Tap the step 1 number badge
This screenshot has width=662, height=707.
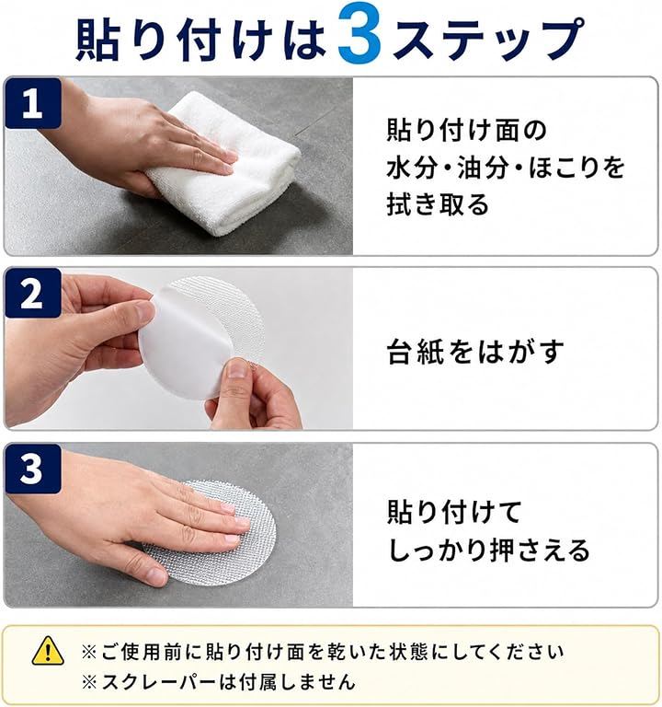(33, 103)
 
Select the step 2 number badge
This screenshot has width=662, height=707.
(33, 293)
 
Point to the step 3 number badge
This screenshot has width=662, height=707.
(33, 469)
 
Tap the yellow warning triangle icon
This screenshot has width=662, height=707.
(48, 650)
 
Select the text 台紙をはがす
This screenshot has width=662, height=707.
(475, 352)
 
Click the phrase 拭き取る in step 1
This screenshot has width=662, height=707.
(438, 204)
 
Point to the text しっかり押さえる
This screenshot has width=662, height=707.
(488, 551)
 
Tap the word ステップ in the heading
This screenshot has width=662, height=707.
(489, 39)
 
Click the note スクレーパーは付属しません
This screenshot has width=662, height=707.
(219, 682)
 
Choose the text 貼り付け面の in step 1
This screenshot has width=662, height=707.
(466, 131)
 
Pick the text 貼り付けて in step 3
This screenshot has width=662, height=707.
(454, 512)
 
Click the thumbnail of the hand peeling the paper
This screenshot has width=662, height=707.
(178, 348)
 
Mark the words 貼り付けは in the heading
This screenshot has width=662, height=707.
(200, 40)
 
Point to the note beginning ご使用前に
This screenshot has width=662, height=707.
(323, 652)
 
